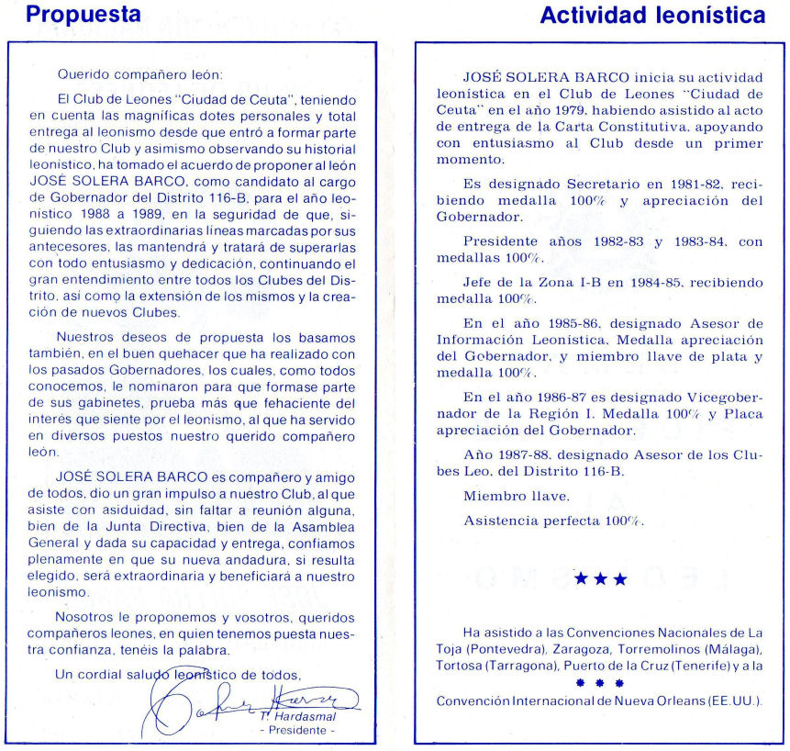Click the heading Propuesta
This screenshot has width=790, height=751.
(83, 16)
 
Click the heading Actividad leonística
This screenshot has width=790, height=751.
(652, 16)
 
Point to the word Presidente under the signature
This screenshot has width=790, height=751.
(298, 731)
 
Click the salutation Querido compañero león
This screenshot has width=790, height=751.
(139, 73)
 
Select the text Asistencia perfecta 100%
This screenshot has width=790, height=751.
(553, 521)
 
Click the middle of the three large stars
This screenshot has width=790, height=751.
(600, 579)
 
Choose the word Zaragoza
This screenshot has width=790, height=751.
(584, 648)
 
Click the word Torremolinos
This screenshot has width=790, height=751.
(668, 648)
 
